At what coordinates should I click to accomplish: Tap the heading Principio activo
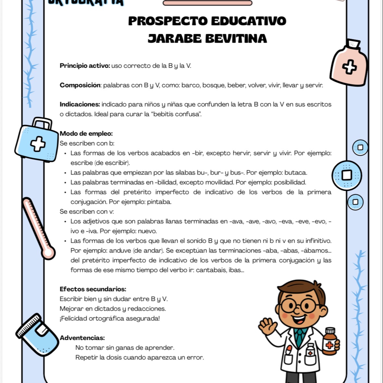pos(85,66)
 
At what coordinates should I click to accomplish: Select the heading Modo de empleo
pos(86,134)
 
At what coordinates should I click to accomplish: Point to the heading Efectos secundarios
pos(93,289)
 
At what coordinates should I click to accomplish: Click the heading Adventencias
pos(82,338)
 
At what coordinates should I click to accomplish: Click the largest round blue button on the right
pos(347,175)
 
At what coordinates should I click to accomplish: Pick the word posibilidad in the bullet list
pos(290,182)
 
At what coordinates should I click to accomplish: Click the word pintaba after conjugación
pos(159,202)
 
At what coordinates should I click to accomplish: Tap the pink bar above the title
pos(207,3)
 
